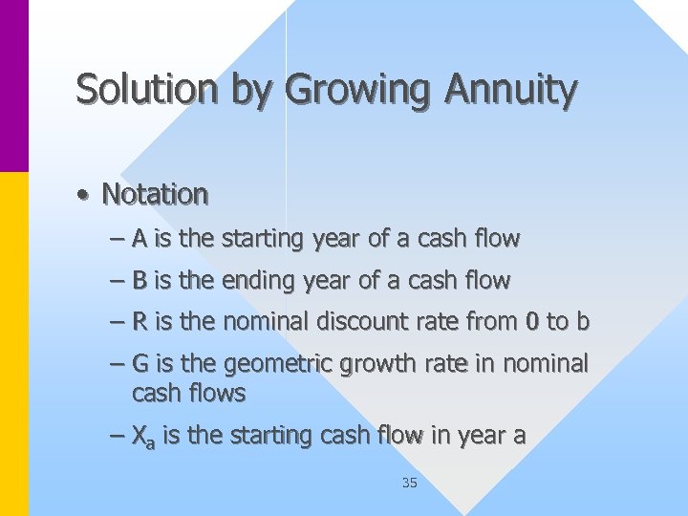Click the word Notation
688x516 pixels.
coord(155,194)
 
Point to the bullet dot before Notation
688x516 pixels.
coord(85,196)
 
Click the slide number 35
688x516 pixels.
coord(409,483)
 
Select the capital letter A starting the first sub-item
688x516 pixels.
coord(140,239)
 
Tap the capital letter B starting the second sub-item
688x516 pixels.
coord(140,281)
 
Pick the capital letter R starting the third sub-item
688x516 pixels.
coord(140,322)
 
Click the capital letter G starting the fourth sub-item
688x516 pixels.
coord(140,364)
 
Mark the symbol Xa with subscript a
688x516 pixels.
coord(143,438)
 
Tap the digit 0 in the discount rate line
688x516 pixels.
coord(531,323)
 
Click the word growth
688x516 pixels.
coord(376,364)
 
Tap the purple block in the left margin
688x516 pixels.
coord(14,86)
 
